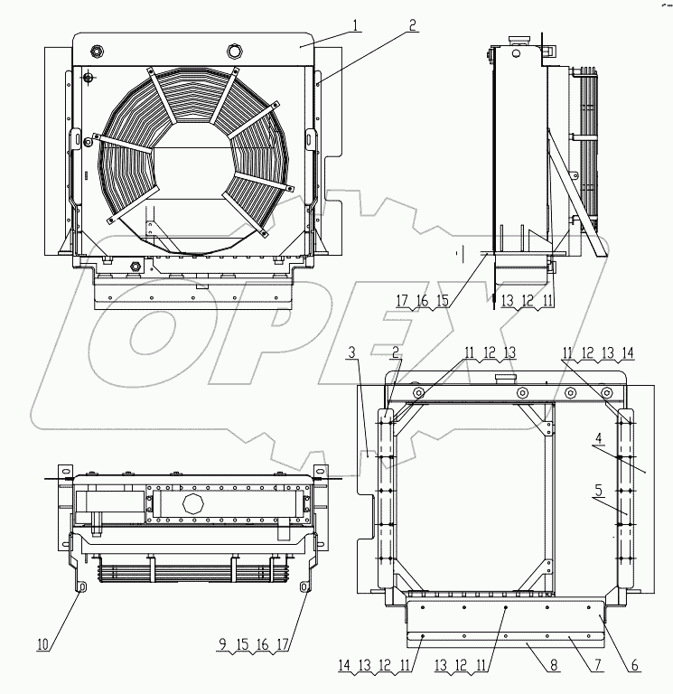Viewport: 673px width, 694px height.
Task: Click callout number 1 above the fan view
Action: click(358, 24)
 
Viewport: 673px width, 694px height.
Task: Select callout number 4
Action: click(597, 440)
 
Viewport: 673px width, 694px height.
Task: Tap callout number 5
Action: click(597, 492)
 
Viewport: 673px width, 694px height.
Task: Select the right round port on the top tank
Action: click(236, 52)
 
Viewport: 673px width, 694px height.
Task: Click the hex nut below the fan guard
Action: click(136, 266)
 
